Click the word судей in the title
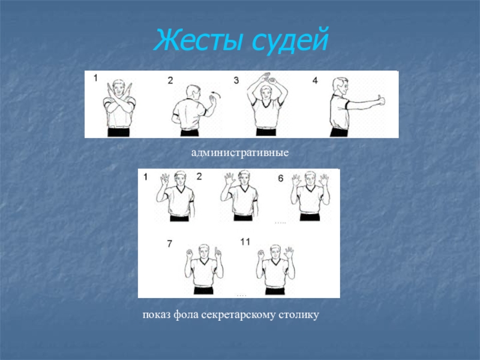click(x=290, y=40)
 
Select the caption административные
click(x=240, y=152)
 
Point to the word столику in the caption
click(x=299, y=315)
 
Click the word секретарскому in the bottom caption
click(x=238, y=315)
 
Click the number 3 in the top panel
click(x=236, y=80)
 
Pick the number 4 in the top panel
click(x=315, y=80)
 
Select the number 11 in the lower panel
click(x=245, y=242)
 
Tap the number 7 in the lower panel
click(x=170, y=244)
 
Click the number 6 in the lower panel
click(x=281, y=178)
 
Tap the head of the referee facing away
click(x=193, y=92)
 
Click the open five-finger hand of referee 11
click(x=289, y=253)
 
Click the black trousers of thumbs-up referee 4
click(x=339, y=132)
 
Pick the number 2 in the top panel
click(x=170, y=80)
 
